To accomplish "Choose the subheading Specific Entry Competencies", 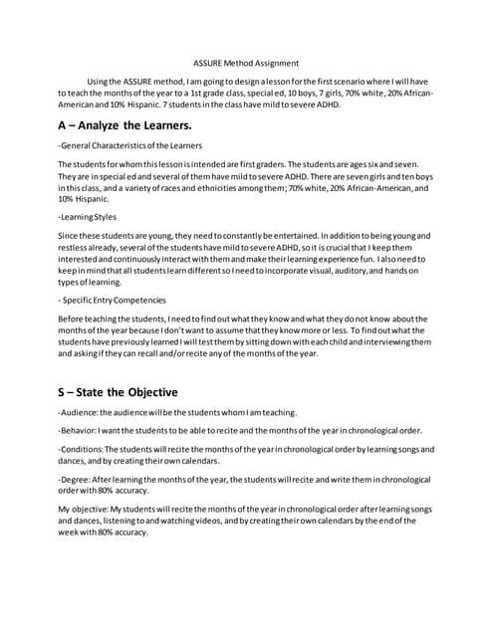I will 115,300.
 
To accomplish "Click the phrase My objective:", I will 86,509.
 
